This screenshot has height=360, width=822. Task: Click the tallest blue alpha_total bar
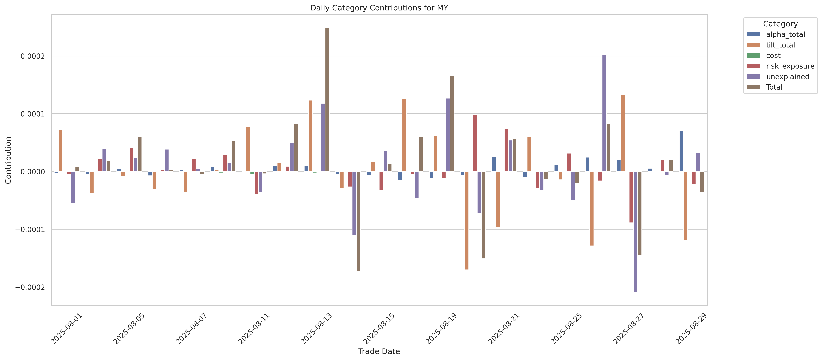point(681,151)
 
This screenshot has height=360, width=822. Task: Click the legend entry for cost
point(773,55)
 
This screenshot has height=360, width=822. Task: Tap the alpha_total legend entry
point(785,34)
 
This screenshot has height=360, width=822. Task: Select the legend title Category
point(780,24)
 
